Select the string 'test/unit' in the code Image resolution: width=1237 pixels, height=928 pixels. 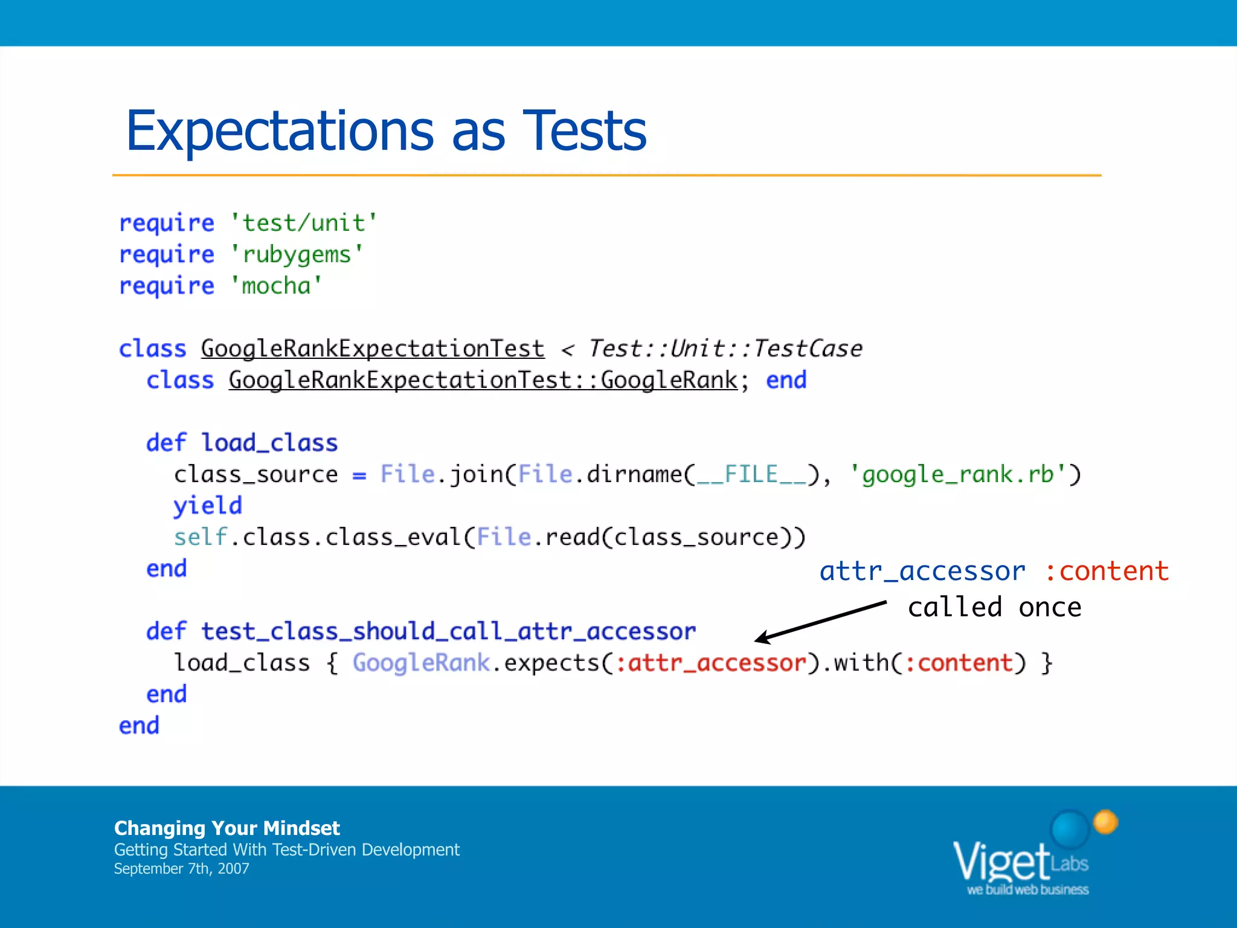click(303, 223)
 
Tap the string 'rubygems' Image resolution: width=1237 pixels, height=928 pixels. click(297, 254)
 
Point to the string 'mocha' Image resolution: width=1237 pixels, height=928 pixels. click(276, 286)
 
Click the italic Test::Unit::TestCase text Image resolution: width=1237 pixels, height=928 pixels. click(725, 349)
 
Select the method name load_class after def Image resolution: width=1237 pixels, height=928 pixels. click(269, 443)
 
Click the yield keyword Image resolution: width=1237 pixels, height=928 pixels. click(208, 506)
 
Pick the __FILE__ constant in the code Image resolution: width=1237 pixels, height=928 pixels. click(751, 474)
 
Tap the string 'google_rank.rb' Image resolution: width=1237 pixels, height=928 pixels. click(958, 474)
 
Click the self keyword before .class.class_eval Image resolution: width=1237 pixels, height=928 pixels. click(200, 537)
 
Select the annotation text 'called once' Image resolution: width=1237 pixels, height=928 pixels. click(994, 607)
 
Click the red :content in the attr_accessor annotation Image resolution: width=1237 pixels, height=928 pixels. click(1107, 571)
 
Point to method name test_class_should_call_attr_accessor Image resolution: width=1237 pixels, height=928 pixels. click(448, 631)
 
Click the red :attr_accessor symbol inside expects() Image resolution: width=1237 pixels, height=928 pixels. click(711, 663)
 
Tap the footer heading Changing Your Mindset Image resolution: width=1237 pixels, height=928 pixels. click(227, 828)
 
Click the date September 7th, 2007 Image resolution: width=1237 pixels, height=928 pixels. click(181, 869)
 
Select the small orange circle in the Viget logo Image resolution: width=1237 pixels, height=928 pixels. click(1105, 822)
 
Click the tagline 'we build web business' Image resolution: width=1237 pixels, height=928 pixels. click(1027, 889)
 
